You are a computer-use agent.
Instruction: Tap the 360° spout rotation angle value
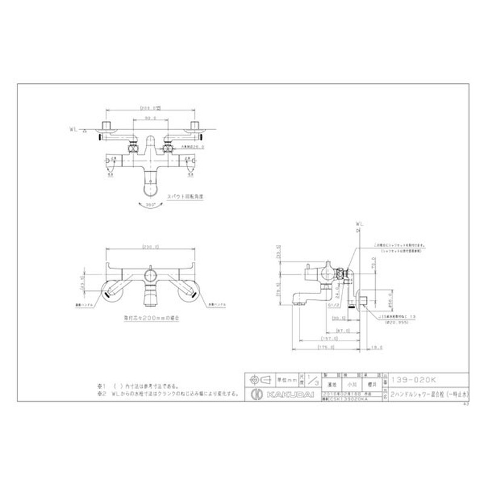149,205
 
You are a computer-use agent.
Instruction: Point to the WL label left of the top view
73,129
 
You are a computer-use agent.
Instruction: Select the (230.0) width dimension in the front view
149,246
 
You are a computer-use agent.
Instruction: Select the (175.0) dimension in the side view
326,347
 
